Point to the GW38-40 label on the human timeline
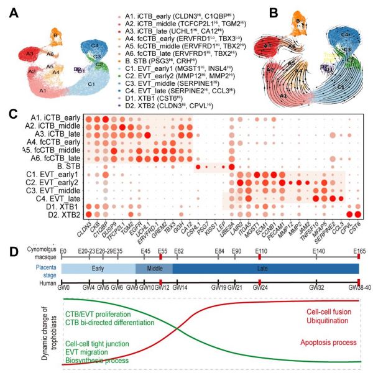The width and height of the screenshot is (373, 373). click(357, 288)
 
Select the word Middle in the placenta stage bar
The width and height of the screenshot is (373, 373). click(154, 269)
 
